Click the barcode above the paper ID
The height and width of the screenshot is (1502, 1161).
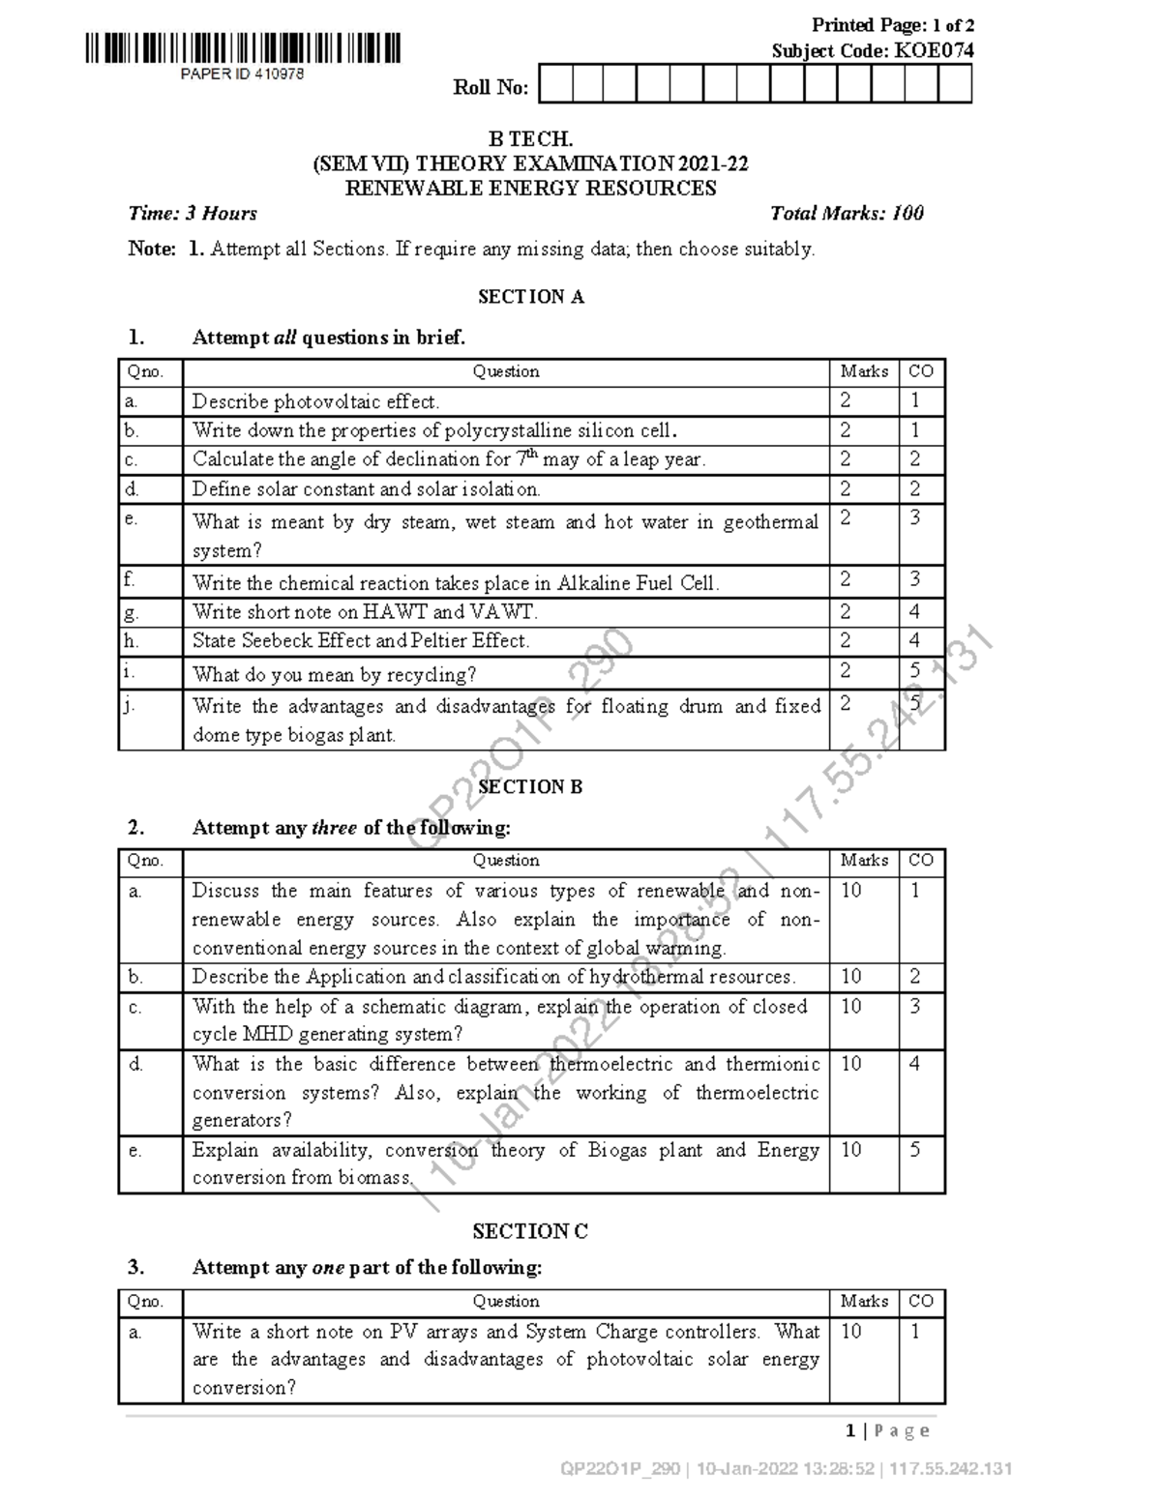tap(242, 48)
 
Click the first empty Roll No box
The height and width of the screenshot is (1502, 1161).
tap(555, 85)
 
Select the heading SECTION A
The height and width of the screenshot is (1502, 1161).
tap(531, 297)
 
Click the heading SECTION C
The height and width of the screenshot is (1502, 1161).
tap(530, 1231)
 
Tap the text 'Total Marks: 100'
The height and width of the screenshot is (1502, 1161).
tap(847, 214)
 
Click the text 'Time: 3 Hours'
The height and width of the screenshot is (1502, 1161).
tap(193, 214)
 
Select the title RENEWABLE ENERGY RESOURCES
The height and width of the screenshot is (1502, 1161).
tap(531, 189)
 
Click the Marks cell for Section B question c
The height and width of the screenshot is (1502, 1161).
tap(851, 1007)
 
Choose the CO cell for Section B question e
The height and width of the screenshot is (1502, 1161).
tap(915, 1150)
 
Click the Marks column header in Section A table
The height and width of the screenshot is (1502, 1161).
tap(864, 371)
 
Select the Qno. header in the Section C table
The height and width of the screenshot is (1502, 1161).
tap(145, 1302)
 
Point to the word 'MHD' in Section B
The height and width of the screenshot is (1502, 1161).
tap(266, 1034)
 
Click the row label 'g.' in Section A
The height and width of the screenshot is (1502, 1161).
tap(133, 612)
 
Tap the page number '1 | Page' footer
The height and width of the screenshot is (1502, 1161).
tap(887, 1430)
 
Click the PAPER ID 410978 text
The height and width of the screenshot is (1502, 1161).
tap(242, 74)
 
